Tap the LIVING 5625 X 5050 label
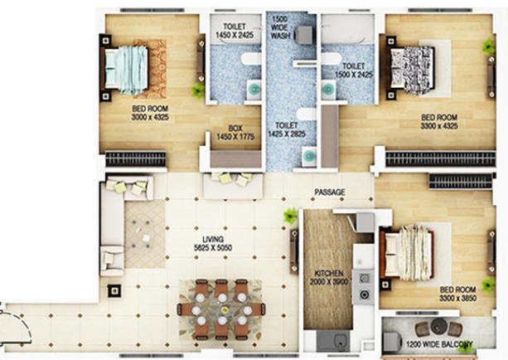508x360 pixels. tap(200, 240)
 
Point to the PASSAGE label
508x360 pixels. tap(329, 192)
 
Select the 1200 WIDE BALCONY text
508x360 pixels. tap(439, 344)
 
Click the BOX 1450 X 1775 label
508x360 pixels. tap(235, 133)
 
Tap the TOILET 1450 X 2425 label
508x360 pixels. tap(233, 32)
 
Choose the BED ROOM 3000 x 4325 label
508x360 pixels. tap(151, 114)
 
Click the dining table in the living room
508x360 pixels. tap(221, 309)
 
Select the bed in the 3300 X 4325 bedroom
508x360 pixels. tap(414, 65)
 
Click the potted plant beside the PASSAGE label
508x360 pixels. tap(290, 216)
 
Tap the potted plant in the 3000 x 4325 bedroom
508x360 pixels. tap(198, 89)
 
